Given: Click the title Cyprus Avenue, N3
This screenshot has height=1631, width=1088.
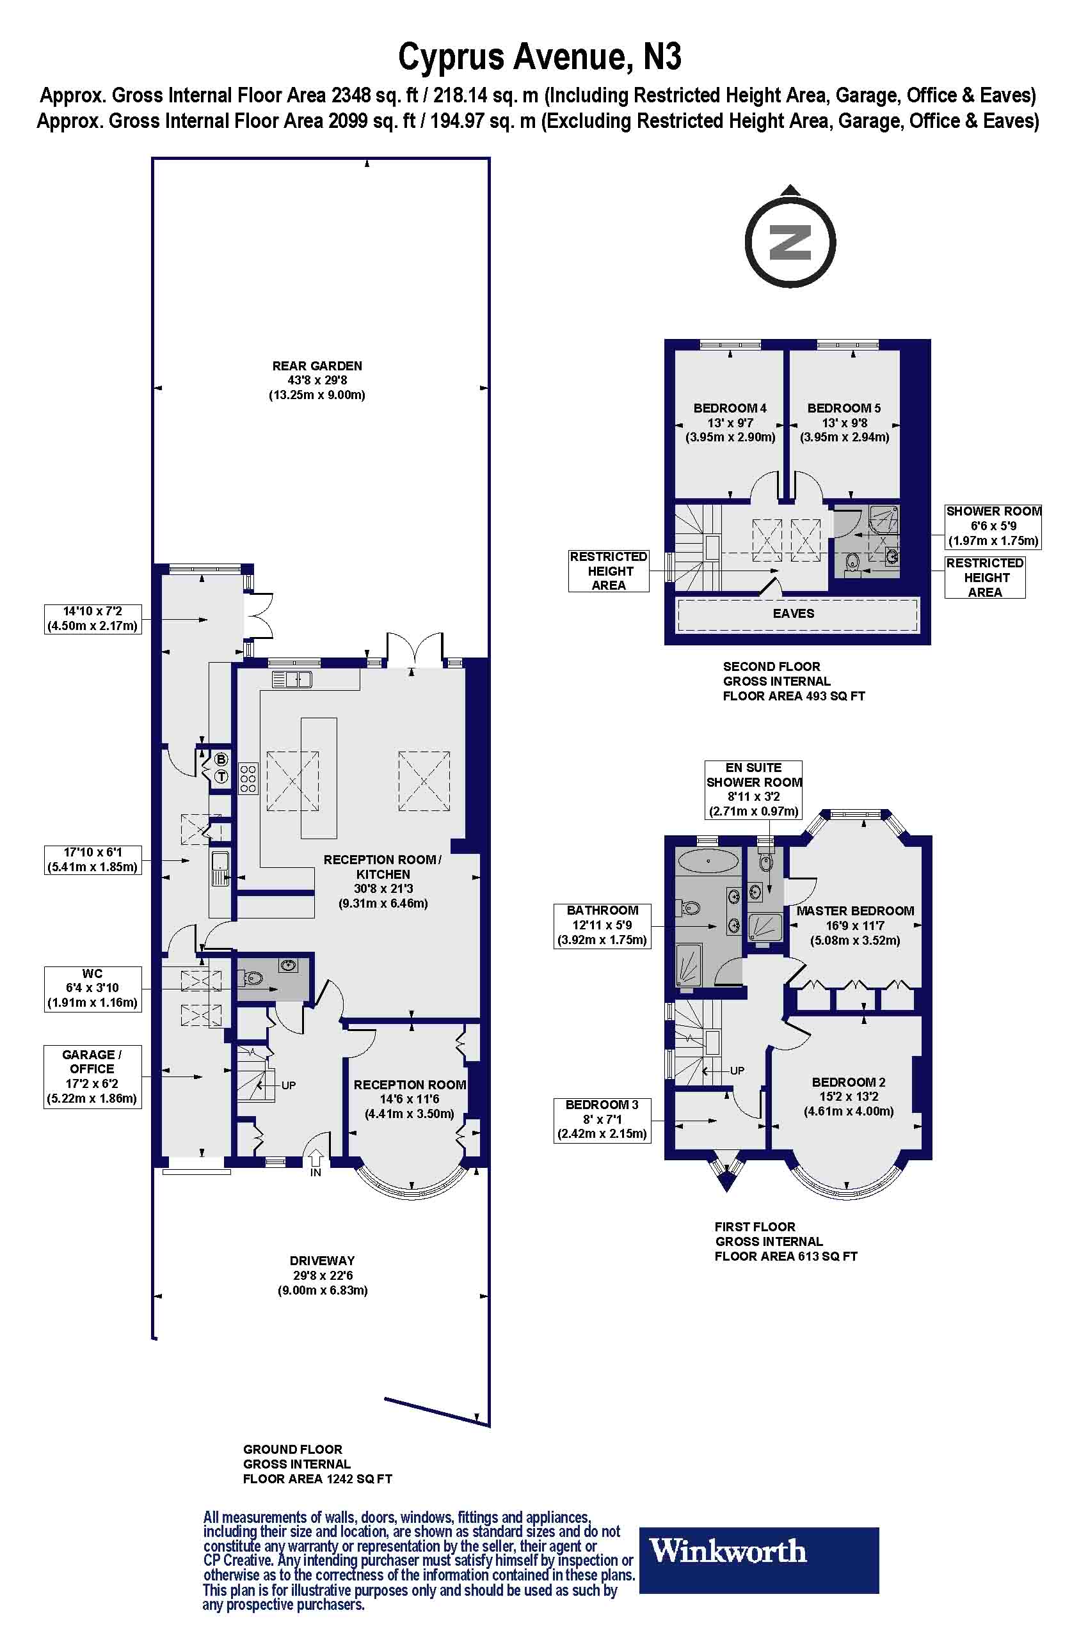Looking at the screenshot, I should click(x=539, y=57).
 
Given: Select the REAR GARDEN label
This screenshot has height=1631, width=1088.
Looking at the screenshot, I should click(x=317, y=366).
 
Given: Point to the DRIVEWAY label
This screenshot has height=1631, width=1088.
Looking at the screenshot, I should click(x=322, y=1261).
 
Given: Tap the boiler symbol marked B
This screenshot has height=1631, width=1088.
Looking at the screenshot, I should click(x=221, y=759).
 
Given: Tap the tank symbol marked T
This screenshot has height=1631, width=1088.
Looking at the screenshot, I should click(x=221, y=776).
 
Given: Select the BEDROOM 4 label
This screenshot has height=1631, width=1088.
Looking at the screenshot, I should click(x=730, y=409).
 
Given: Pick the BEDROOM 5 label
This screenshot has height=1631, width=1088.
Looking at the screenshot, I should click(x=844, y=409).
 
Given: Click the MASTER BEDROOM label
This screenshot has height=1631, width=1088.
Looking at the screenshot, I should click(x=855, y=911).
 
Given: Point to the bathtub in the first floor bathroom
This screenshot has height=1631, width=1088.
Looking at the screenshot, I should click(x=707, y=862).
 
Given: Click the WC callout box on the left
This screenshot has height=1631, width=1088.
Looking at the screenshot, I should click(x=92, y=988).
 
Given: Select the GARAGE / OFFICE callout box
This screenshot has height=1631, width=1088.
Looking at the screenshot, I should click(x=92, y=1076).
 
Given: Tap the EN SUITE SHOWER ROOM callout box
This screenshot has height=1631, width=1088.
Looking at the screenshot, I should click(x=753, y=789).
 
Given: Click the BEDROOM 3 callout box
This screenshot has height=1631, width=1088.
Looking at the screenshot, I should click(x=602, y=1119).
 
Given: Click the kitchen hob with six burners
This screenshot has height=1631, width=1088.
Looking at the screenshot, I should click(x=248, y=778).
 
